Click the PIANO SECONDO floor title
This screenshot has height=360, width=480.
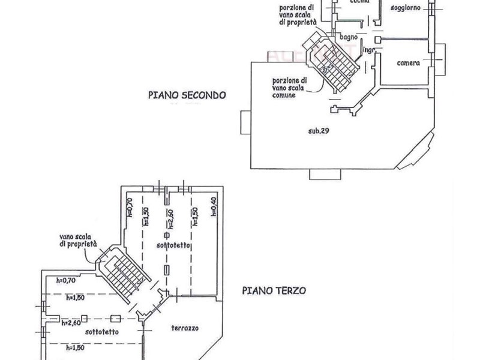(187, 95)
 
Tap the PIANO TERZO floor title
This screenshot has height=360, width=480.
(275, 290)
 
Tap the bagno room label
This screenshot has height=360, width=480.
(348, 38)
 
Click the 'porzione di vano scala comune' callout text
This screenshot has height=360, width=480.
(289, 88)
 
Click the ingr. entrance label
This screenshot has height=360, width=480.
(369, 50)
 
